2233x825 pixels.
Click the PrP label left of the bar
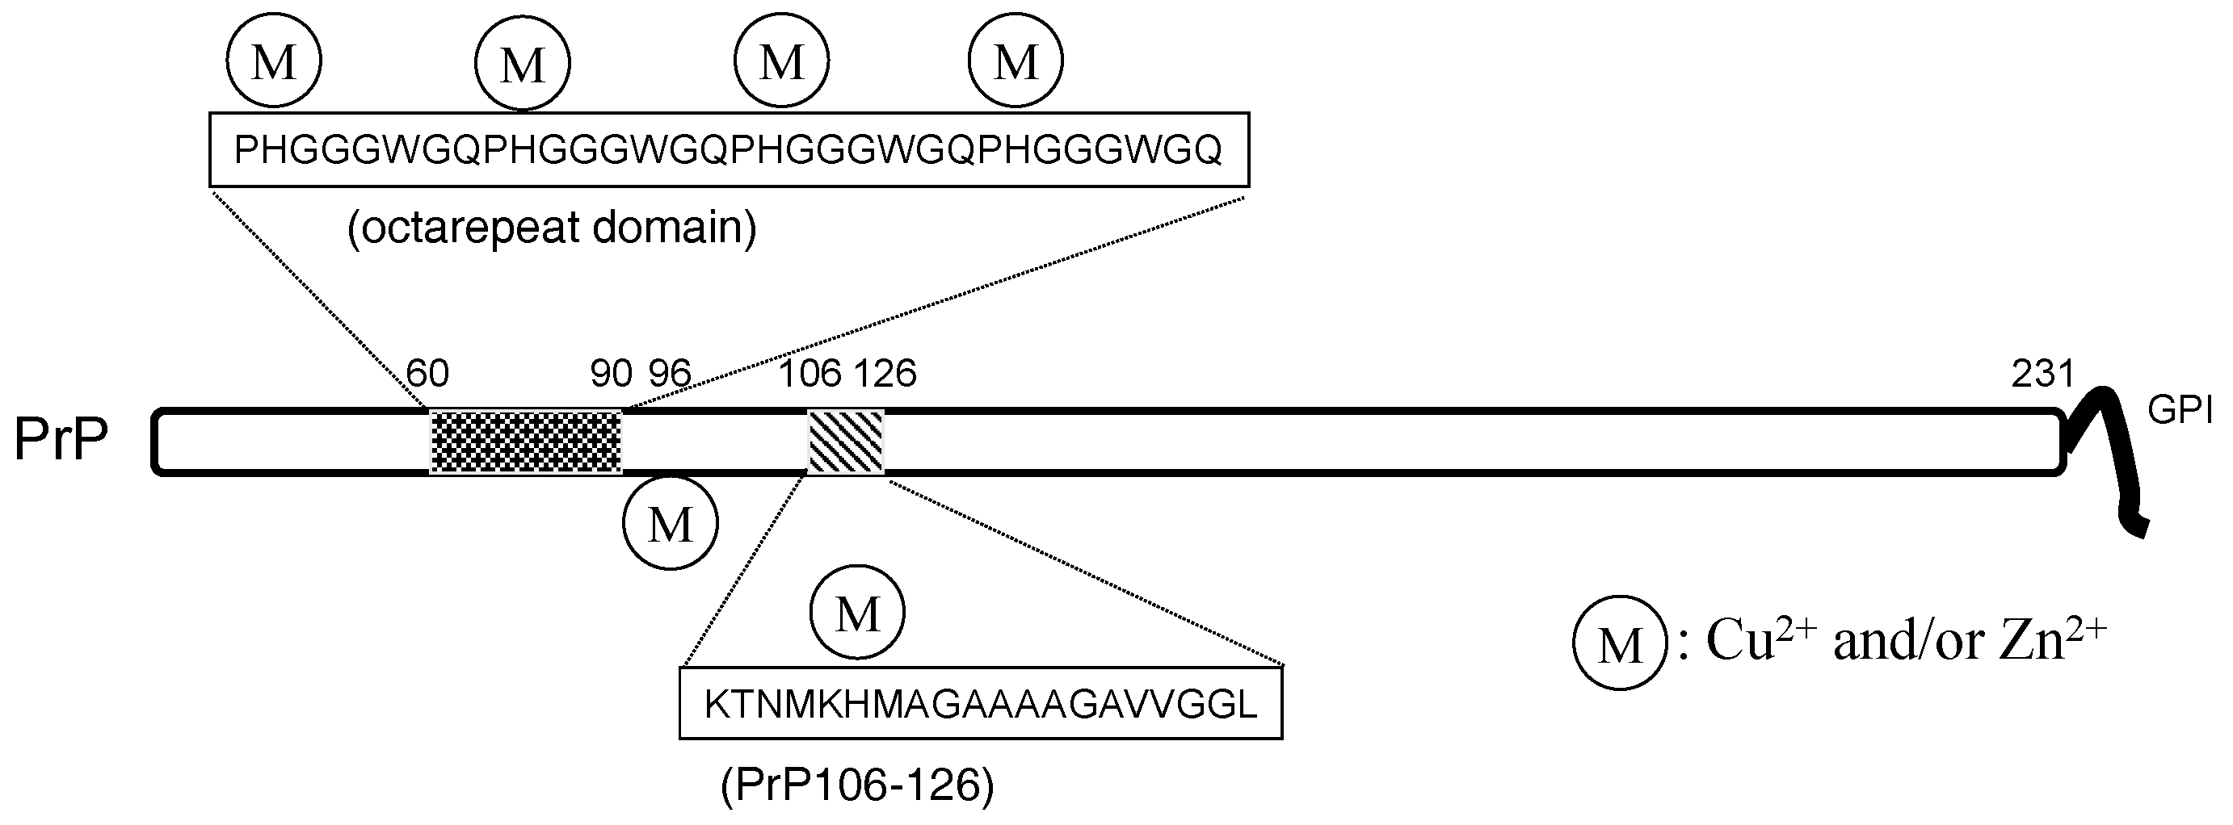click(61, 440)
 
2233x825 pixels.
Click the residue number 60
click(427, 374)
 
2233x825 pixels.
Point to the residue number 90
click(611, 374)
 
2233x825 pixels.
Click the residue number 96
click(670, 374)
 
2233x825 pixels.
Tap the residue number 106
click(810, 374)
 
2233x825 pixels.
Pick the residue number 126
click(885, 374)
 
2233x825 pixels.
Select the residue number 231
click(2042, 374)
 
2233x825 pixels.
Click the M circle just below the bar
click(670, 522)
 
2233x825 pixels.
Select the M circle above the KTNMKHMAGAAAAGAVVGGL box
click(857, 612)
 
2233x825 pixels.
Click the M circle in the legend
click(1619, 643)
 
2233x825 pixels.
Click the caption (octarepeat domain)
click(552, 228)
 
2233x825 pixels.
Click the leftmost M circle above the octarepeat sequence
click(274, 61)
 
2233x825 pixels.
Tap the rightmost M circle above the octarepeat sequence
click(1015, 61)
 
